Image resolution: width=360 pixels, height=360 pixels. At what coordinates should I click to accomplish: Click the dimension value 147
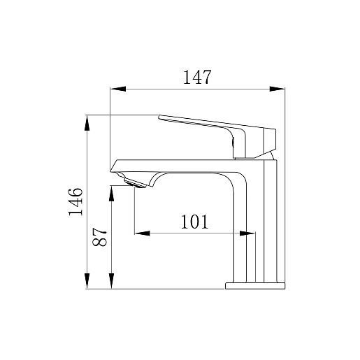click(197, 77)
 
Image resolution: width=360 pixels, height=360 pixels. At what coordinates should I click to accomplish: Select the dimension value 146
click(75, 201)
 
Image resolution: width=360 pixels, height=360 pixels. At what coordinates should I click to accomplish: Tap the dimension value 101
click(194, 222)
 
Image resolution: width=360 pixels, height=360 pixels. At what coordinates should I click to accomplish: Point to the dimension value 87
click(99, 237)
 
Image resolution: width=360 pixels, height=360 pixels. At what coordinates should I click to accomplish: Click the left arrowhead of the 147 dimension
click(118, 89)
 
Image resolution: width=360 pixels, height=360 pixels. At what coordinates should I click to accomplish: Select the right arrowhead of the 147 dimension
click(277, 89)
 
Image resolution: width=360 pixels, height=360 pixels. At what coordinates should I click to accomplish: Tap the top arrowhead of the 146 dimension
click(87, 123)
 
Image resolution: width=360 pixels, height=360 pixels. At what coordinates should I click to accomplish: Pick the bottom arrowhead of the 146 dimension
click(87, 281)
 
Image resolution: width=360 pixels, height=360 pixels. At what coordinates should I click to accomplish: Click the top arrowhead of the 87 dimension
click(112, 194)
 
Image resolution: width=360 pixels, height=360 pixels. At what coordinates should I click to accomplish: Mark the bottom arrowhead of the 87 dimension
click(112, 281)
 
